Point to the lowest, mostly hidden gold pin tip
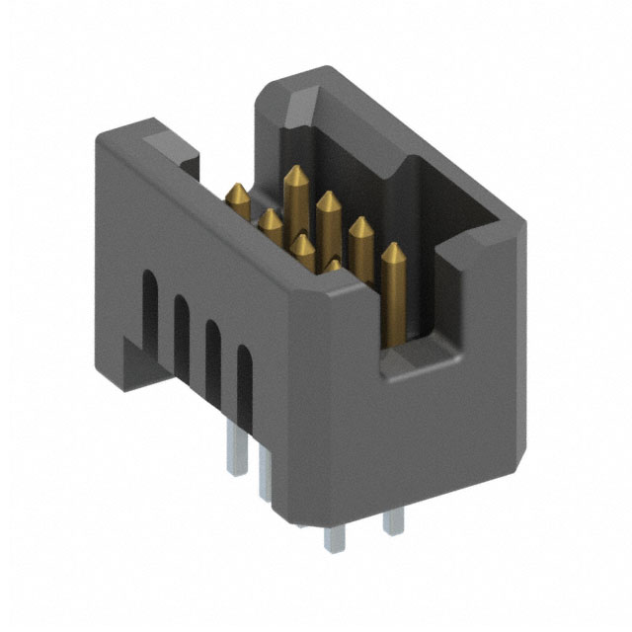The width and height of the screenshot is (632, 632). (x=334, y=265)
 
